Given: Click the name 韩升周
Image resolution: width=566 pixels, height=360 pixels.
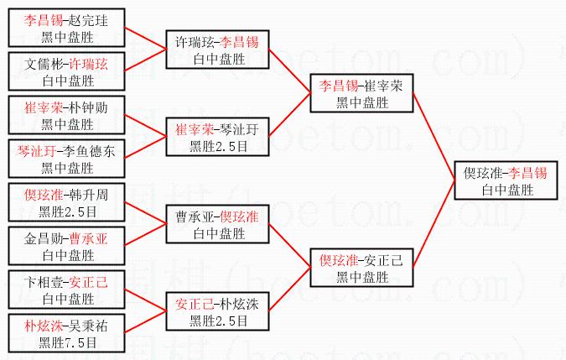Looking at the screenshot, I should point(87,195).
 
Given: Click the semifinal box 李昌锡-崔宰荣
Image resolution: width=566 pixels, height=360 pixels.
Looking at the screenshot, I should point(361,93).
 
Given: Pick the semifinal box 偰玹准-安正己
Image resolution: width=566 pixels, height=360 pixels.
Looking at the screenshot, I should point(361,268).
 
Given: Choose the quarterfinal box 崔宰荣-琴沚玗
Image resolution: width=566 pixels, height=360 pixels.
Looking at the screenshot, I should point(216,137).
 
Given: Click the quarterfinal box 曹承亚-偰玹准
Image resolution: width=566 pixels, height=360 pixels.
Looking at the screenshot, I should point(216,224).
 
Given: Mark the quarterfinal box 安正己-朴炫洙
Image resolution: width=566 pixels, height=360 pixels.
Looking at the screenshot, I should point(216,311).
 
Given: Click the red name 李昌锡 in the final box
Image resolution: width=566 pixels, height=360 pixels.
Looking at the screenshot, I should point(527,173).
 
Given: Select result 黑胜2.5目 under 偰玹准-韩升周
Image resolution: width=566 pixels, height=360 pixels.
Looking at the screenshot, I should point(67,210).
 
